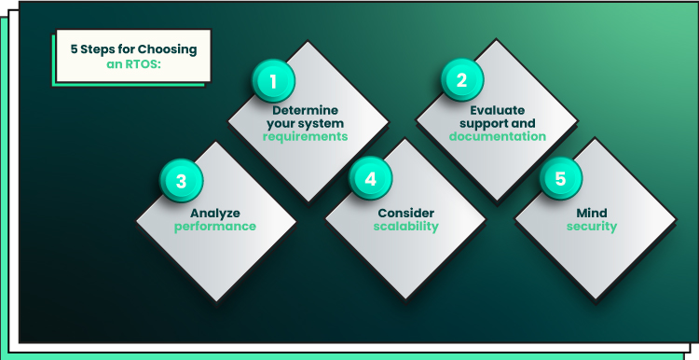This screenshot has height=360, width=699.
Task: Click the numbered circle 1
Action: (273, 81)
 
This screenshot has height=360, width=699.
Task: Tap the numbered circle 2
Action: (462, 80)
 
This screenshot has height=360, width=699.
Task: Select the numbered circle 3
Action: (182, 181)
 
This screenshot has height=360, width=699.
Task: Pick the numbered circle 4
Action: (370, 179)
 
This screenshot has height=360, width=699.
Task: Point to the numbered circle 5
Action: (561, 178)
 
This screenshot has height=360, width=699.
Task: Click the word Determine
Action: (306, 110)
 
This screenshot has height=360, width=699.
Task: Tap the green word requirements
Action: (306, 136)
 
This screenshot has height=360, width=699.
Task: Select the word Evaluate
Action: (498, 110)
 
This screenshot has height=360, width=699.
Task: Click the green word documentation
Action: (498, 136)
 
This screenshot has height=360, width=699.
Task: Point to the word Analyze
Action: (215, 214)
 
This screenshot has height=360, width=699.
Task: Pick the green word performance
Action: (215, 227)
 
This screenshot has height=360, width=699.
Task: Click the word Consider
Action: (406, 214)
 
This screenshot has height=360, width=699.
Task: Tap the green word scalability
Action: (406, 227)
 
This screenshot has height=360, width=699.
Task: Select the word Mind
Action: (592, 214)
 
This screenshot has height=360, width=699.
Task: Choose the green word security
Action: (592, 227)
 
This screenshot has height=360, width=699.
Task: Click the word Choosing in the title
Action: (167, 49)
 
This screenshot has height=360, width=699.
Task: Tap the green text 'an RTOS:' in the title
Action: (133, 64)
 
